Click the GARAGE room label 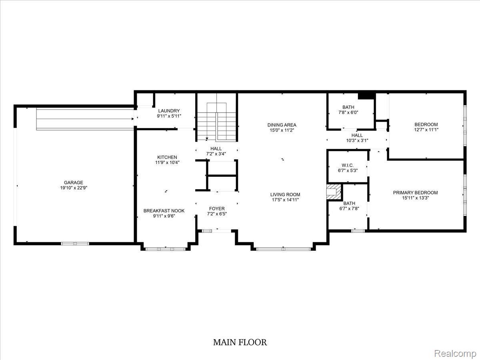click(74, 182)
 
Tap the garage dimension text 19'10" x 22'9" click(74, 188)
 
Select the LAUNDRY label click(169, 111)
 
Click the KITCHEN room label click(167, 157)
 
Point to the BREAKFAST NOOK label click(164, 210)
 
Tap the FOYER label click(217, 208)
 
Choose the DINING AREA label click(282, 125)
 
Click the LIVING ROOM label click(285, 195)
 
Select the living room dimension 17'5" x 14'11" click(285, 200)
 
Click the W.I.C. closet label click(347, 165)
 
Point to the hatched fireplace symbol click(334, 192)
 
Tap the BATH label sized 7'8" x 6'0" click(348, 107)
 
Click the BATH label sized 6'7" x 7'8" click(349, 203)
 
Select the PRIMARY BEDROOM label click(415, 192)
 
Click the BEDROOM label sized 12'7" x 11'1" click(426, 124)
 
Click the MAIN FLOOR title click(240, 342)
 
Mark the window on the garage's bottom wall click(75, 243)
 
